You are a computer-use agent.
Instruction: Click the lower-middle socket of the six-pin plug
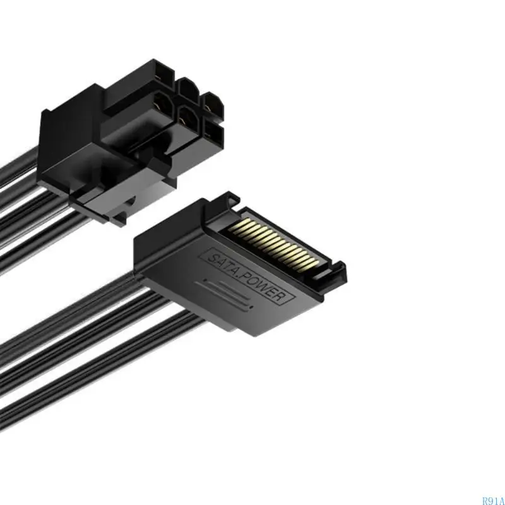tap(187, 117)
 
